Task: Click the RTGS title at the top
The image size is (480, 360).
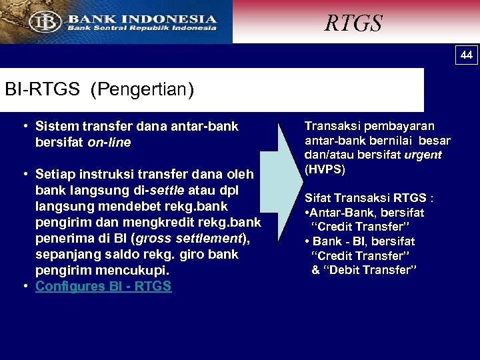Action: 353,23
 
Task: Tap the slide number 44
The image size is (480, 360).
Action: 467,55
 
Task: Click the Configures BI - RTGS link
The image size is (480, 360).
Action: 103,286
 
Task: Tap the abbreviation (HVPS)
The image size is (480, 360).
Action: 325,169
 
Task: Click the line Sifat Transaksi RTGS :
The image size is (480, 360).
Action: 369,198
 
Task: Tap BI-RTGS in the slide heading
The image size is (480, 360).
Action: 41,89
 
